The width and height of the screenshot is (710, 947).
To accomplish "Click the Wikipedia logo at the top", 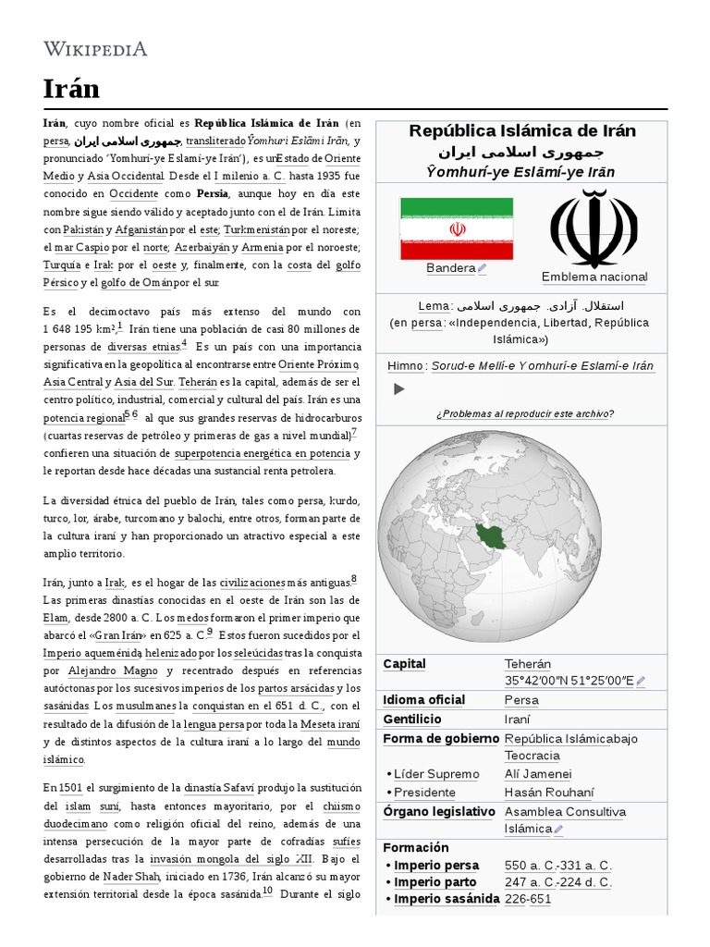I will coord(95,49).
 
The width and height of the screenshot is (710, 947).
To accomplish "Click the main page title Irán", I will coord(72,89).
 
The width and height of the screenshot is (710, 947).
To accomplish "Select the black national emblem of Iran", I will coord(594,228).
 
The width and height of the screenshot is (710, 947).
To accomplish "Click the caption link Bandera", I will coord(451,268).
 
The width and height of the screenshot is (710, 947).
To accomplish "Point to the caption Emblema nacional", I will coord(594,277).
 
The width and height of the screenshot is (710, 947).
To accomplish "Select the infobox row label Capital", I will coord(405,664).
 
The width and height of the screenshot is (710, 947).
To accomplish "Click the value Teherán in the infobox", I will coord(528,664).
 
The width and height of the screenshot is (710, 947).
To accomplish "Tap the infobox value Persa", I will coord(521,700).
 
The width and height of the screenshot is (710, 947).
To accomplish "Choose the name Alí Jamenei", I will coord(538,774).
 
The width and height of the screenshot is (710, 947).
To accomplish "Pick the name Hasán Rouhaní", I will coord(549,793).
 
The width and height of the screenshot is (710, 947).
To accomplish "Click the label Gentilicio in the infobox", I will coord(412,719).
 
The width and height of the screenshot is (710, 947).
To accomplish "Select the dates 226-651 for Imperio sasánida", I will coord(528,899).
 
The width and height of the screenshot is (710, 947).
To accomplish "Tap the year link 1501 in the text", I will coord(70,787).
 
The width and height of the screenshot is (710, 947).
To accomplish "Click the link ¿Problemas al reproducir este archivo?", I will coord(524,413).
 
